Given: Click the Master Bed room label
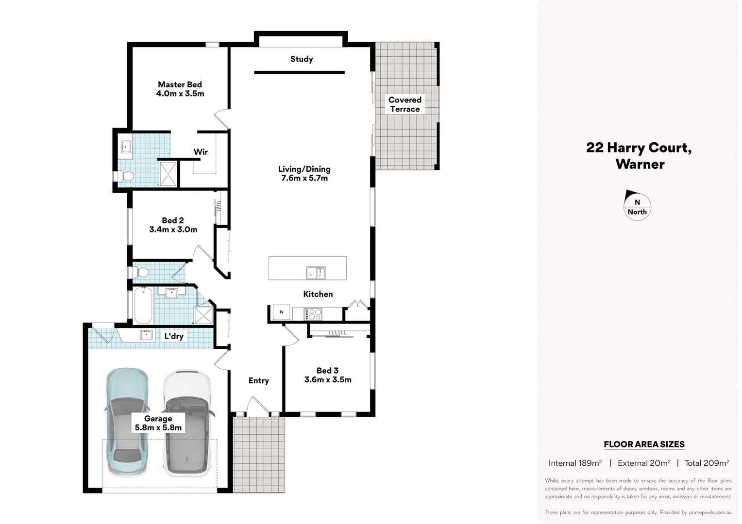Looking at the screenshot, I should [x=180, y=84].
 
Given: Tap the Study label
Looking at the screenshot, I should [x=302, y=59].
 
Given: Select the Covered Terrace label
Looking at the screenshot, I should [x=405, y=104].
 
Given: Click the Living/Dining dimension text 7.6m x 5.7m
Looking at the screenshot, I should [x=304, y=178].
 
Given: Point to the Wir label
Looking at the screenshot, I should [x=201, y=152].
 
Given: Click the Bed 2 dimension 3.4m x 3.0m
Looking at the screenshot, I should [x=173, y=229].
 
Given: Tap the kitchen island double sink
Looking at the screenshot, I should [x=316, y=273].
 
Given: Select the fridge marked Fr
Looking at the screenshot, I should [x=281, y=312].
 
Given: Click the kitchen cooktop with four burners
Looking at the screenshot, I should [x=313, y=314].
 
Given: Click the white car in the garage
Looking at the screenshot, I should [x=187, y=423].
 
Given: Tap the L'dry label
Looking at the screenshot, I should [x=173, y=336].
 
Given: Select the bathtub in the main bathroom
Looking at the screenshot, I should [x=143, y=306].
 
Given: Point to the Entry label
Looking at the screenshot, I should [x=258, y=381].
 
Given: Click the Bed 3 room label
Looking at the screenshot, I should [x=327, y=371].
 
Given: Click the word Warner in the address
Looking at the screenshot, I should [x=640, y=164].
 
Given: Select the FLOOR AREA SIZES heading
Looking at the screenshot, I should [x=644, y=444].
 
